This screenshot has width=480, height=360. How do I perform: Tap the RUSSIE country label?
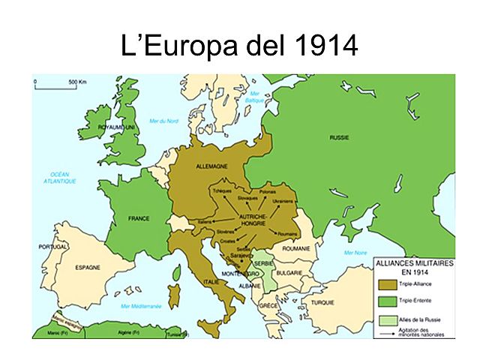(340, 137)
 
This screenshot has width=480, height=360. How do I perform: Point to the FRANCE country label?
(139, 219)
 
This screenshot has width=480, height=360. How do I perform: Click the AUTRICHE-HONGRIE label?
(254, 220)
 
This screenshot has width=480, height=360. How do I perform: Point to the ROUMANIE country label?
(297, 248)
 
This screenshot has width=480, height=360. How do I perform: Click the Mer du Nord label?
(163, 121)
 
